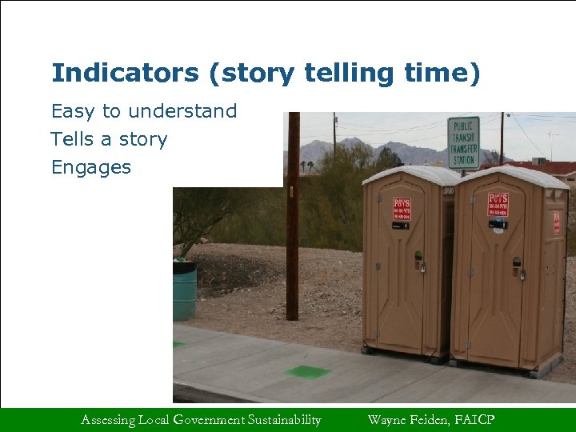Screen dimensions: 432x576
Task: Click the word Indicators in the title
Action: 125,74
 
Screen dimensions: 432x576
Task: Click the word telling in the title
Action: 350,74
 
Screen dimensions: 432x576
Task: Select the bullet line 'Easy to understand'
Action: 144,111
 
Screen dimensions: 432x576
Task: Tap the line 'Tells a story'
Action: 109,139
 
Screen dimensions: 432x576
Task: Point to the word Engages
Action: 90,167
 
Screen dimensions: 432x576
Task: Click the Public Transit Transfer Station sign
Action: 463,142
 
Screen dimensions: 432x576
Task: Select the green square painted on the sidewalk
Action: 306,371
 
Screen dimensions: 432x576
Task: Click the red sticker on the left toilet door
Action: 402,210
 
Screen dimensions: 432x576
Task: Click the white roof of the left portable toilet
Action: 410,174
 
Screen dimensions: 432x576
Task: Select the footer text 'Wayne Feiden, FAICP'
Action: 430,420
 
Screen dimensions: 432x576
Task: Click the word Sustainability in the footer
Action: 284,420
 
